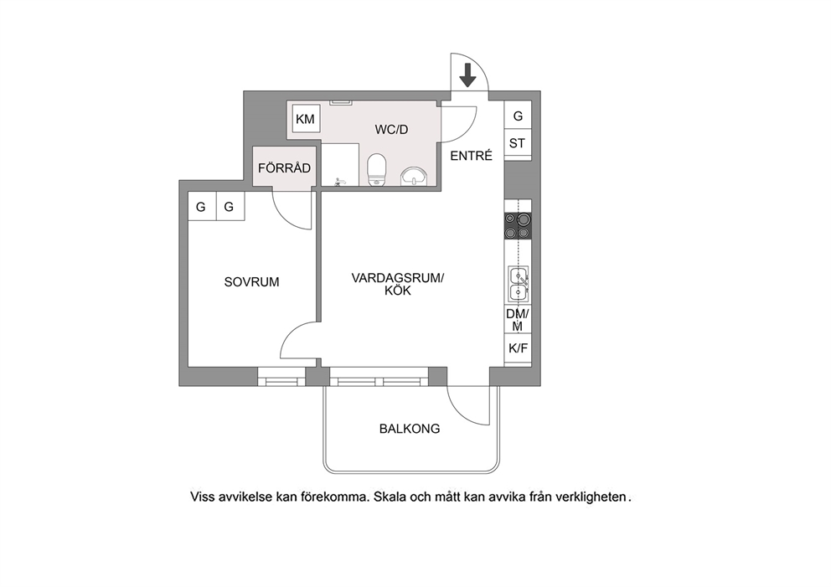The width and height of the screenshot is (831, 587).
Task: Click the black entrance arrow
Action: point(467,75)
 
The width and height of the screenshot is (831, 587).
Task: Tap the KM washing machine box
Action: point(305,119)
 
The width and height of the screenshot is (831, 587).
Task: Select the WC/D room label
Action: point(391,130)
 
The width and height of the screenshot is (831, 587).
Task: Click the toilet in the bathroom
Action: point(377,169)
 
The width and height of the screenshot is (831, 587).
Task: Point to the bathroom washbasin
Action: point(414,176)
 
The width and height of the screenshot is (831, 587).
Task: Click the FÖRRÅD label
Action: point(284,168)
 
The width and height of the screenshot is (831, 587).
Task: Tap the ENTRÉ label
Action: point(471,156)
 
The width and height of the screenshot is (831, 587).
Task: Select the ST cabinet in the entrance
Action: point(518,143)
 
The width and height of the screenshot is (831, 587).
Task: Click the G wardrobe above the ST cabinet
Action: point(518,116)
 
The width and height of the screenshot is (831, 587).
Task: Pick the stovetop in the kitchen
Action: point(518,226)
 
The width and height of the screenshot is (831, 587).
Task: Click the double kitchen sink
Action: point(519,285)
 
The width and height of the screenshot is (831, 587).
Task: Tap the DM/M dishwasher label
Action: point(517,320)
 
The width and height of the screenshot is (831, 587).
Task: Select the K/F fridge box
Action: point(518,348)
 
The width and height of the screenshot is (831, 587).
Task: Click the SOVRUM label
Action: point(251,282)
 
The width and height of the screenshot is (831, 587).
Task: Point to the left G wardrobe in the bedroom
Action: point(202,206)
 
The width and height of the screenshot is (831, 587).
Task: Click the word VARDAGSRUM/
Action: point(397,278)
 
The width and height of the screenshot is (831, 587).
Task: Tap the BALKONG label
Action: point(410,429)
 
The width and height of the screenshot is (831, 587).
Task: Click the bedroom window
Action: point(281,377)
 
